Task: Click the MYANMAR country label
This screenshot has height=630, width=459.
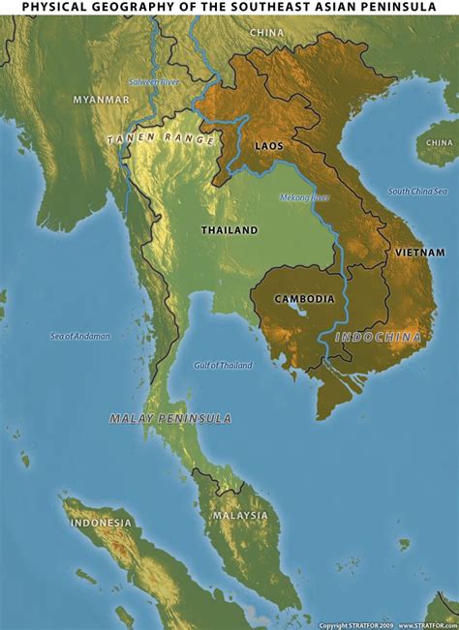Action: click(101, 99)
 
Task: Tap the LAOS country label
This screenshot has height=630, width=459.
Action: click(267, 145)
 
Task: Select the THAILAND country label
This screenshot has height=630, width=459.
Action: click(229, 230)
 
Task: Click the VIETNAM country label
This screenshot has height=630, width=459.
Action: click(419, 252)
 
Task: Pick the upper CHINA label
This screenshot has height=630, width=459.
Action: click(266, 32)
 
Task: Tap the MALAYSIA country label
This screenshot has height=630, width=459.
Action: click(240, 515)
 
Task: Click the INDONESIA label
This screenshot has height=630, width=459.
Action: click(100, 523)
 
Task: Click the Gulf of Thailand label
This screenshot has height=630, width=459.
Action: click(223, 365)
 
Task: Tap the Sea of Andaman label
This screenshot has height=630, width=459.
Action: click(80, 336)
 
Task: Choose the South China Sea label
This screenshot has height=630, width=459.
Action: click(418, 192)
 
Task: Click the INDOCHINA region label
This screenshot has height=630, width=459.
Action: click(379, 337)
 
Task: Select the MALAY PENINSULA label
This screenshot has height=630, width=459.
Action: click(170, 418)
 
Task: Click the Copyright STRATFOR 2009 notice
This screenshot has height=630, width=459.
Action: click(356, 625)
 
